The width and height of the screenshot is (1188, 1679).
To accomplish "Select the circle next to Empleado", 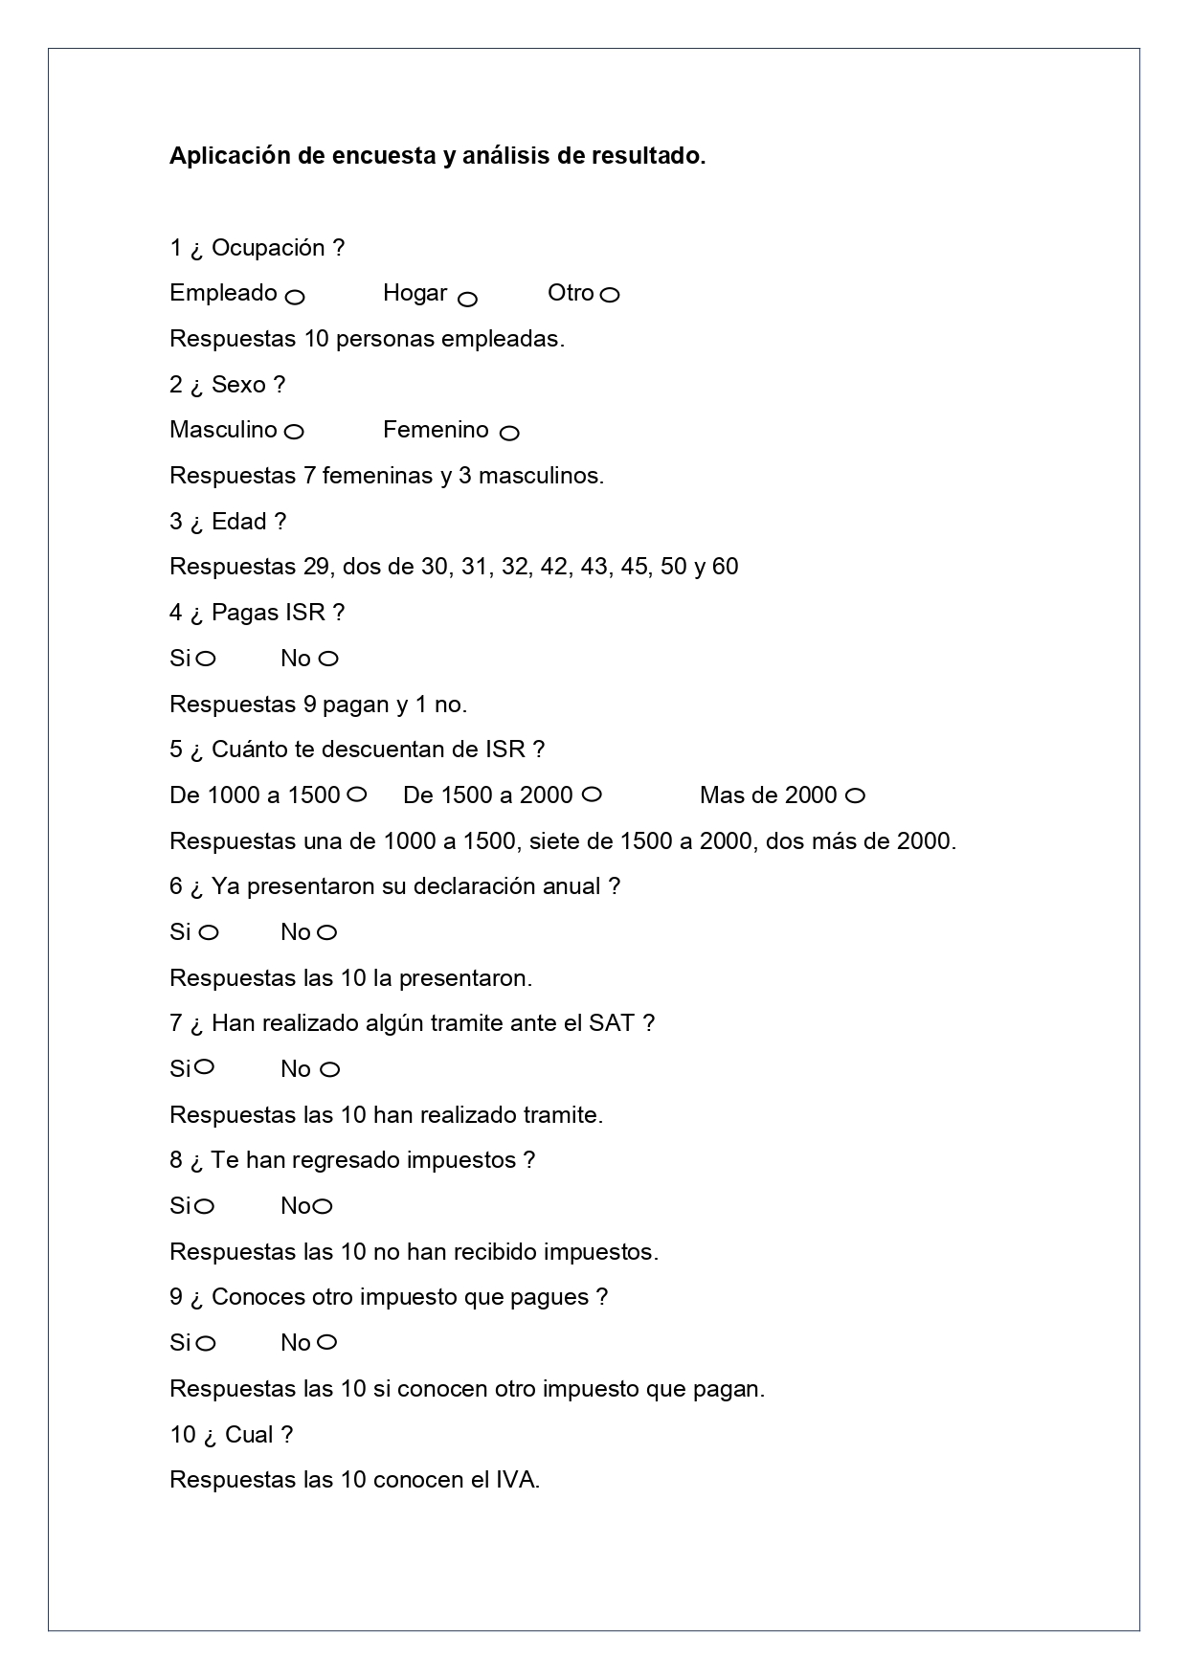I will pos(295,297).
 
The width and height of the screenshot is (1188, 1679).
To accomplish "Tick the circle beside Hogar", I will pos(467,300).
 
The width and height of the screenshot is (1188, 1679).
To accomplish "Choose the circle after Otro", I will pos(610,295).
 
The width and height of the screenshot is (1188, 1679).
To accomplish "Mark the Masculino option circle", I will pos(294,432).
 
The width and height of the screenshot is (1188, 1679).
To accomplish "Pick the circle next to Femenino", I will pos(509,434).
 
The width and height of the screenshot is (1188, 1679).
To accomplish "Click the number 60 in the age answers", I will pos(725,567).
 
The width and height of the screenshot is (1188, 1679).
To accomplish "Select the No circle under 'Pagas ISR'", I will pos(328,659).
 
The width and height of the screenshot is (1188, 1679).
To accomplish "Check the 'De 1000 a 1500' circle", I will pos(356,795).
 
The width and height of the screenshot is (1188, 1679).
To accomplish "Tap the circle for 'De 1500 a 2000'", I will pos(592,795).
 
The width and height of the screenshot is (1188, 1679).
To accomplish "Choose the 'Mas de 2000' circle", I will pos(856,795).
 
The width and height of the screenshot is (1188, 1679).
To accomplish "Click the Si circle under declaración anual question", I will pos(208,932).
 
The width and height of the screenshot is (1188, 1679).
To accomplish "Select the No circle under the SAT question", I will pos(329,1070).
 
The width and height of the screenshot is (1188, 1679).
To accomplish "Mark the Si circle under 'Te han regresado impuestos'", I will pos(204,1206).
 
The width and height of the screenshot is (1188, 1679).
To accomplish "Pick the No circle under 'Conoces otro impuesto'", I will pos(326,1342).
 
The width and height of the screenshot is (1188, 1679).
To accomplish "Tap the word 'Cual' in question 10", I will pos(249,1435).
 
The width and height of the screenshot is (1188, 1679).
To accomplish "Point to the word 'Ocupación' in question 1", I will pos(268,248).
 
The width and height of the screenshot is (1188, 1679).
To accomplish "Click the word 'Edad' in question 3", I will pos(238,522).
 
